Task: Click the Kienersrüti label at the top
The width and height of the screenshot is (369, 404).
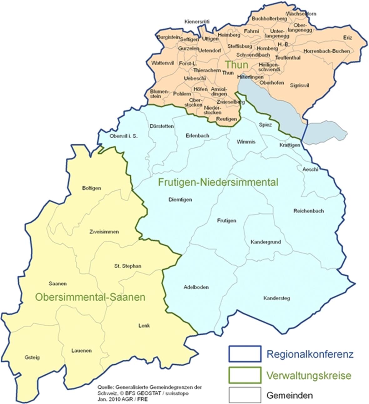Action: (197, 22)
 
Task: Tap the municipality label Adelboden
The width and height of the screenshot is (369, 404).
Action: (196, 287)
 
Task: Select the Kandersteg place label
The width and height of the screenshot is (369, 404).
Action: (276, 298)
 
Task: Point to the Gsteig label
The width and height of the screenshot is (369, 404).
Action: (32, 357)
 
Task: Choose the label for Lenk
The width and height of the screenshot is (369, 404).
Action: (144, 325)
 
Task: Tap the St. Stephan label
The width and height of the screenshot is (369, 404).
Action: (128, 266)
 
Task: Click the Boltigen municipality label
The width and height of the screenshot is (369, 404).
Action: (91, 188)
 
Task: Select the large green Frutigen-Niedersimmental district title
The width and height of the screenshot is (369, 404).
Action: (218, 182)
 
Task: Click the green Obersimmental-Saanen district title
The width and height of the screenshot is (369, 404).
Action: (90, 297)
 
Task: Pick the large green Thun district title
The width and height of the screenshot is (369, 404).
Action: (236, 65)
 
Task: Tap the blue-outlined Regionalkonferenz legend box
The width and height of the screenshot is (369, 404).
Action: (245, 354)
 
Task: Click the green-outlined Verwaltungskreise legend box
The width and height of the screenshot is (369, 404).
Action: (245, 375)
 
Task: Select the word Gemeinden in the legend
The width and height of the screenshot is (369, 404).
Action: (289, 395)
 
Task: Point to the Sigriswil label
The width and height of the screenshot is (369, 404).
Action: (299, 85)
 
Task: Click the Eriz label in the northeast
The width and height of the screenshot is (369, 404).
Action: (347, 37)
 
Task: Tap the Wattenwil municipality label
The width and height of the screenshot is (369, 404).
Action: (162, 63)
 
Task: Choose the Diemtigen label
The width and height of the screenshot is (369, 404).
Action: (180, 200)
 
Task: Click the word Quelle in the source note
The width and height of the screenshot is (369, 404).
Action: (104, 387)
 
